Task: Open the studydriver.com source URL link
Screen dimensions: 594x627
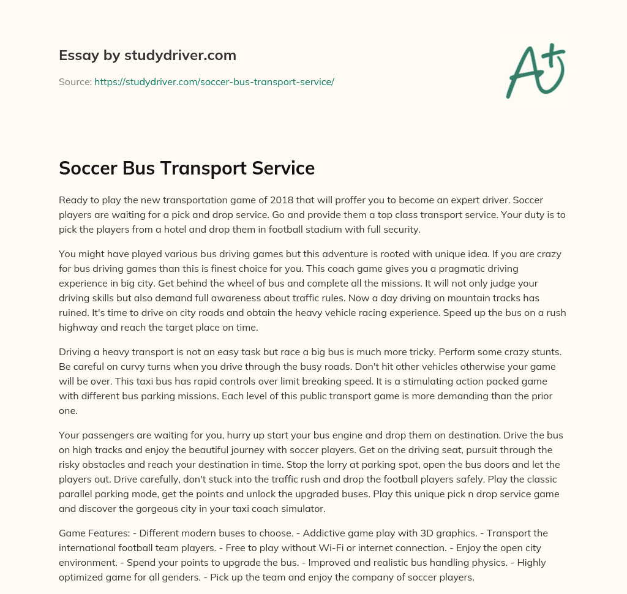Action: (x=214, y=81)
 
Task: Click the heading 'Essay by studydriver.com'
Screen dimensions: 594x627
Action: (x=147, y=55)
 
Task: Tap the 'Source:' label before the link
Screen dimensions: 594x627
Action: (x=75, y=81)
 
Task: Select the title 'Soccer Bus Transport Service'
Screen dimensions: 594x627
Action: (x=186, y=168)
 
